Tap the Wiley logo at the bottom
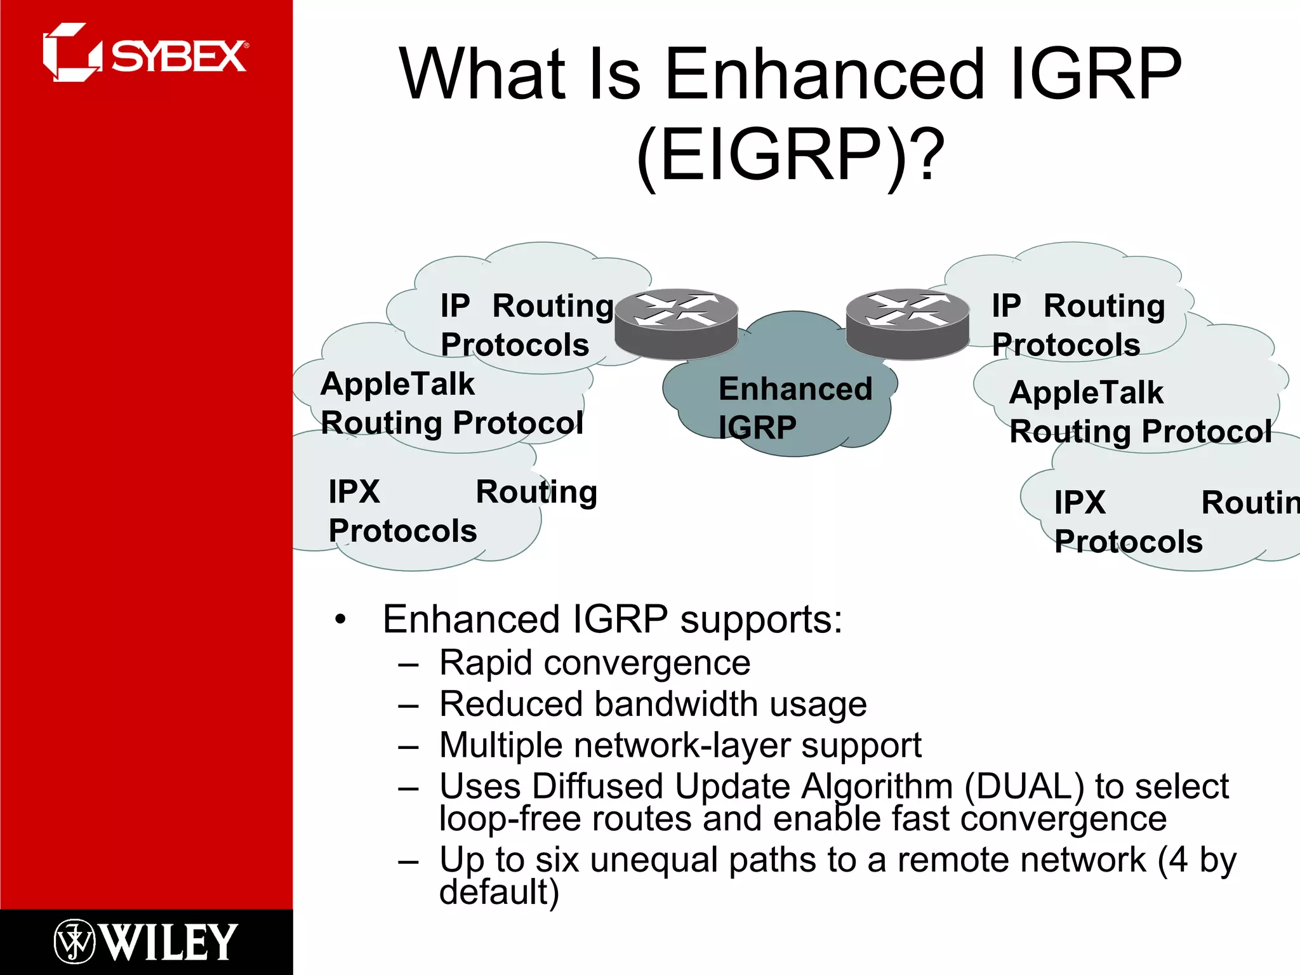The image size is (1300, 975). click(x=146, y=941)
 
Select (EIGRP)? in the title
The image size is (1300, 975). click(x=790, y=156)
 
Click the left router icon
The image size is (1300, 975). click(x=677, y=323)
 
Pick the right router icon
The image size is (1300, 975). click(x=908, y=323)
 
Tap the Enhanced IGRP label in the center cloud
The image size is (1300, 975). click(x=795, y=407)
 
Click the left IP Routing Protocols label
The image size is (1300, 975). click(x=527, y=325)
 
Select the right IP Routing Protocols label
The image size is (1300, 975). click(x=1078, y=325)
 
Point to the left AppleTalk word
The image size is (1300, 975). click(x=397, y=384)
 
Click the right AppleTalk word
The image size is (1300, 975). click(x=1086, y=392)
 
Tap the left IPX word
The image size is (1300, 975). click(x=354, y=492)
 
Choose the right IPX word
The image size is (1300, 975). click(x=1080, y=503)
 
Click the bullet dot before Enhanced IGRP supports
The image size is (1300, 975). click(x=341, y=620)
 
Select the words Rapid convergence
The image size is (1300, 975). click(x=594, y=663)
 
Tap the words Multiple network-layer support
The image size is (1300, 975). click(x=680, y=745)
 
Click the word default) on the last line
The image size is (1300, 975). click(x=499, y=892)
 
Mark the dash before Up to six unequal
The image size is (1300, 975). click(x=408, y=862)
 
